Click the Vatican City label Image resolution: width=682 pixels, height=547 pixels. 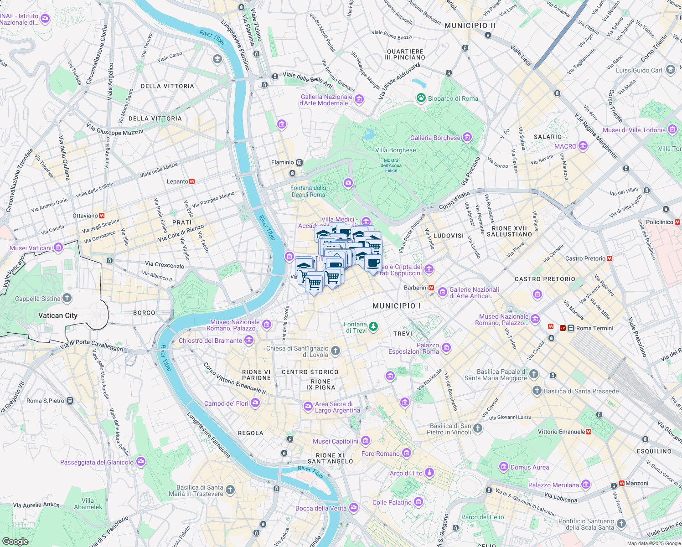tap(58, 315)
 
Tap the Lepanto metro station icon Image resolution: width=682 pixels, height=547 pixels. tap(192, 181)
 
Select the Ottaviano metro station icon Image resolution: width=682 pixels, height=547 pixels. tap(102, 216)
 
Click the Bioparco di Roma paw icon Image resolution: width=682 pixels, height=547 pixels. tap(421, 98)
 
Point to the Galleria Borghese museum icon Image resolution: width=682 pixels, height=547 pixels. tap(467, 137)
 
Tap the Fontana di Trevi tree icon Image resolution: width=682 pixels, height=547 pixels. tap(373, 326)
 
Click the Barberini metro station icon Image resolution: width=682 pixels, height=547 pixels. tap(430, 288)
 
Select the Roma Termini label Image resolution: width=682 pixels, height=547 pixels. tap(594, 328)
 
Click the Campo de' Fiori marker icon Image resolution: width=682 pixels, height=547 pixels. tap(255, 403)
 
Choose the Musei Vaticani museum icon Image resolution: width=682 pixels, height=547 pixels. tap(58, 248)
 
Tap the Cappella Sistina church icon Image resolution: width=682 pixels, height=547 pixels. tap(67, 299)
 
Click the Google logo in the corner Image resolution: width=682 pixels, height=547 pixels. tap(15, 541)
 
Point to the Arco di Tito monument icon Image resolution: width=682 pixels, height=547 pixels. tap(429, 473)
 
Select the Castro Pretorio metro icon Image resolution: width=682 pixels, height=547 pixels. tap(610, 258)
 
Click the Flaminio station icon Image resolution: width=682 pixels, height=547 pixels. tap(299, 162)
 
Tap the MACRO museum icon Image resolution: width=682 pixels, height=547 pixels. tap(583, 146)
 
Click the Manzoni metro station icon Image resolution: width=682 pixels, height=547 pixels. tap(621, 483)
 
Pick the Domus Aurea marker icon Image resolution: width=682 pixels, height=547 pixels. tap(504, 467)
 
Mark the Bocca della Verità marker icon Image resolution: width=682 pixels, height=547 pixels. tap(353, 508)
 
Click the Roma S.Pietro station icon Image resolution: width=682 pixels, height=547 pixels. tap(70, 401)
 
